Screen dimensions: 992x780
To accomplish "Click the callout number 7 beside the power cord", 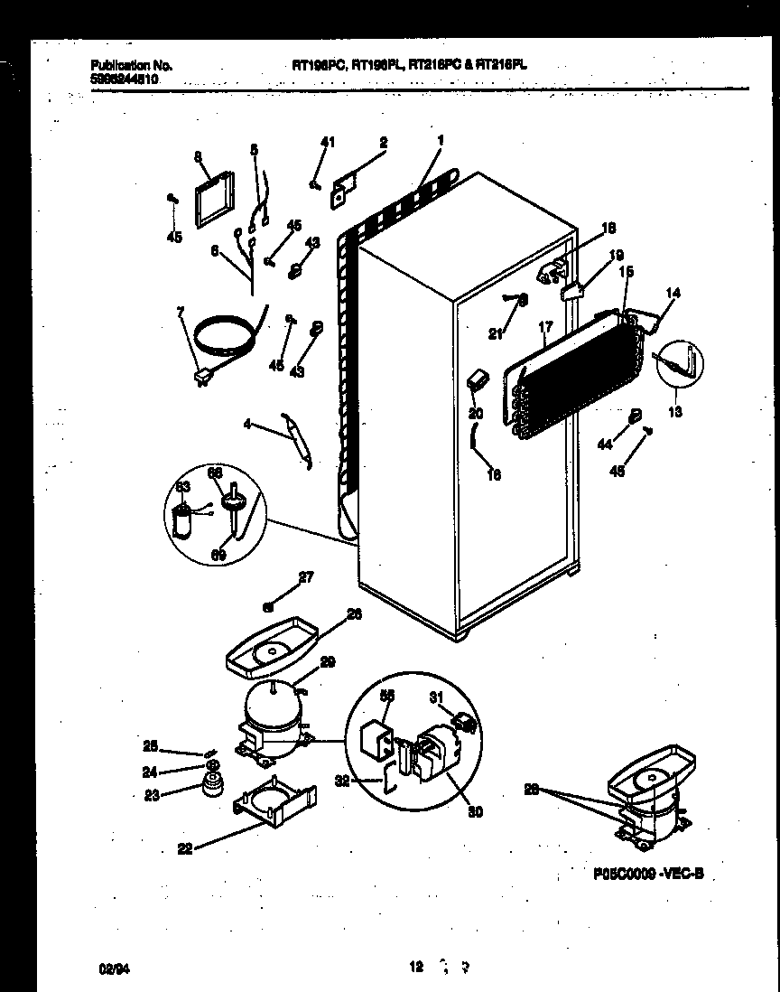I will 180,312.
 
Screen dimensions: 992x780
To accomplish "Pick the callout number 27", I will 305,576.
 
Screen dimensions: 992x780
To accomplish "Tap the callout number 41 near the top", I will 329,141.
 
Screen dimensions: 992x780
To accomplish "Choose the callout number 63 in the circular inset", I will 183,488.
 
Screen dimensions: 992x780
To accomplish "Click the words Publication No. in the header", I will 132,66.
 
